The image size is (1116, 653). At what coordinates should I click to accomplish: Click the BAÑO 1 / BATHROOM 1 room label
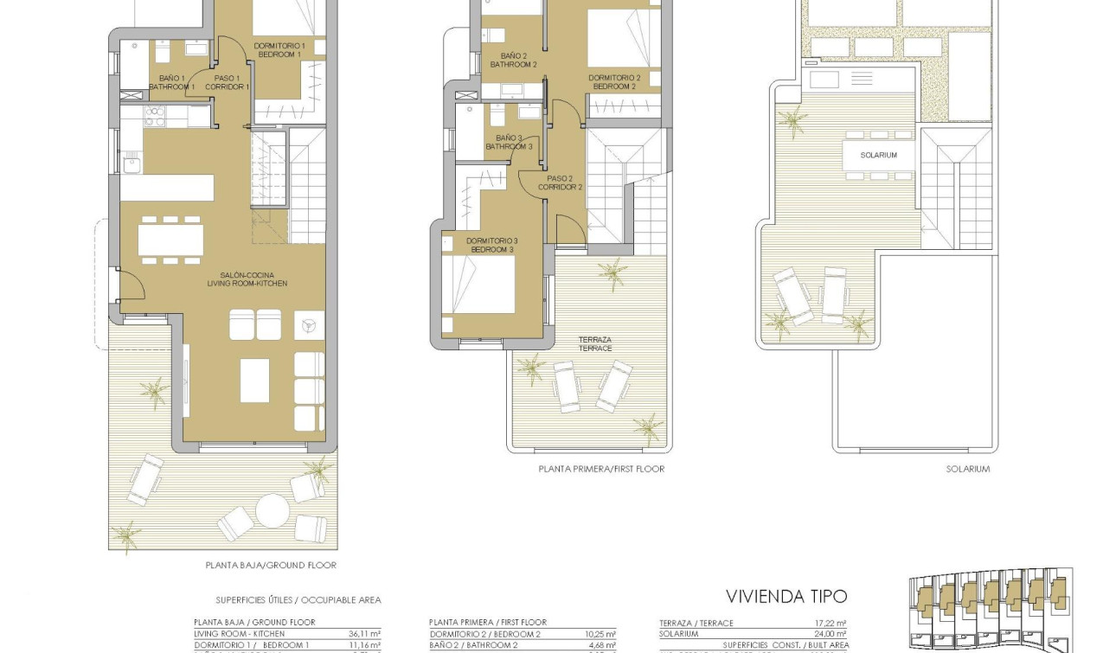point(171,82)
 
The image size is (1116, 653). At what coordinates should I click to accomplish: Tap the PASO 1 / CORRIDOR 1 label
point(227,82)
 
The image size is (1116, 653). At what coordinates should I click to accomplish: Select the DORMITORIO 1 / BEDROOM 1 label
point(279,50)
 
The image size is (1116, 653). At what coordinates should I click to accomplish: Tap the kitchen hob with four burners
point(154,116)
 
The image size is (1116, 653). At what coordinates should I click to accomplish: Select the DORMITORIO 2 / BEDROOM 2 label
point(615,82)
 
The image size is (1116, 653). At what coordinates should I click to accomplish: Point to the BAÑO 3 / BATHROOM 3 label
point(510,142)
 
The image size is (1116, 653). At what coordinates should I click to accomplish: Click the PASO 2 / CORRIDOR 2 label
point(560,182)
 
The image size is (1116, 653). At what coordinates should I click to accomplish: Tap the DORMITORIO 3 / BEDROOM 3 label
point(491,245)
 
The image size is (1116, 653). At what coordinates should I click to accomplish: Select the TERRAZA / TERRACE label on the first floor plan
point(596,343)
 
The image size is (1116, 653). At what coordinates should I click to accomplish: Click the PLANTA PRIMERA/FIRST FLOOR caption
point(601,469)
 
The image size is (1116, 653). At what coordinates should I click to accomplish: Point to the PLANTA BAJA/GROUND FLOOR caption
point(271,565)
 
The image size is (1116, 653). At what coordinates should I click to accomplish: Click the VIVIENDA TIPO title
point(786,596)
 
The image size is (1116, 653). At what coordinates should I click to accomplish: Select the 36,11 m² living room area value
point(367,634)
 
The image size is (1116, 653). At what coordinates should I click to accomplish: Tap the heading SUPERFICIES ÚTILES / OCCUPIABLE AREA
point(298,599)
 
